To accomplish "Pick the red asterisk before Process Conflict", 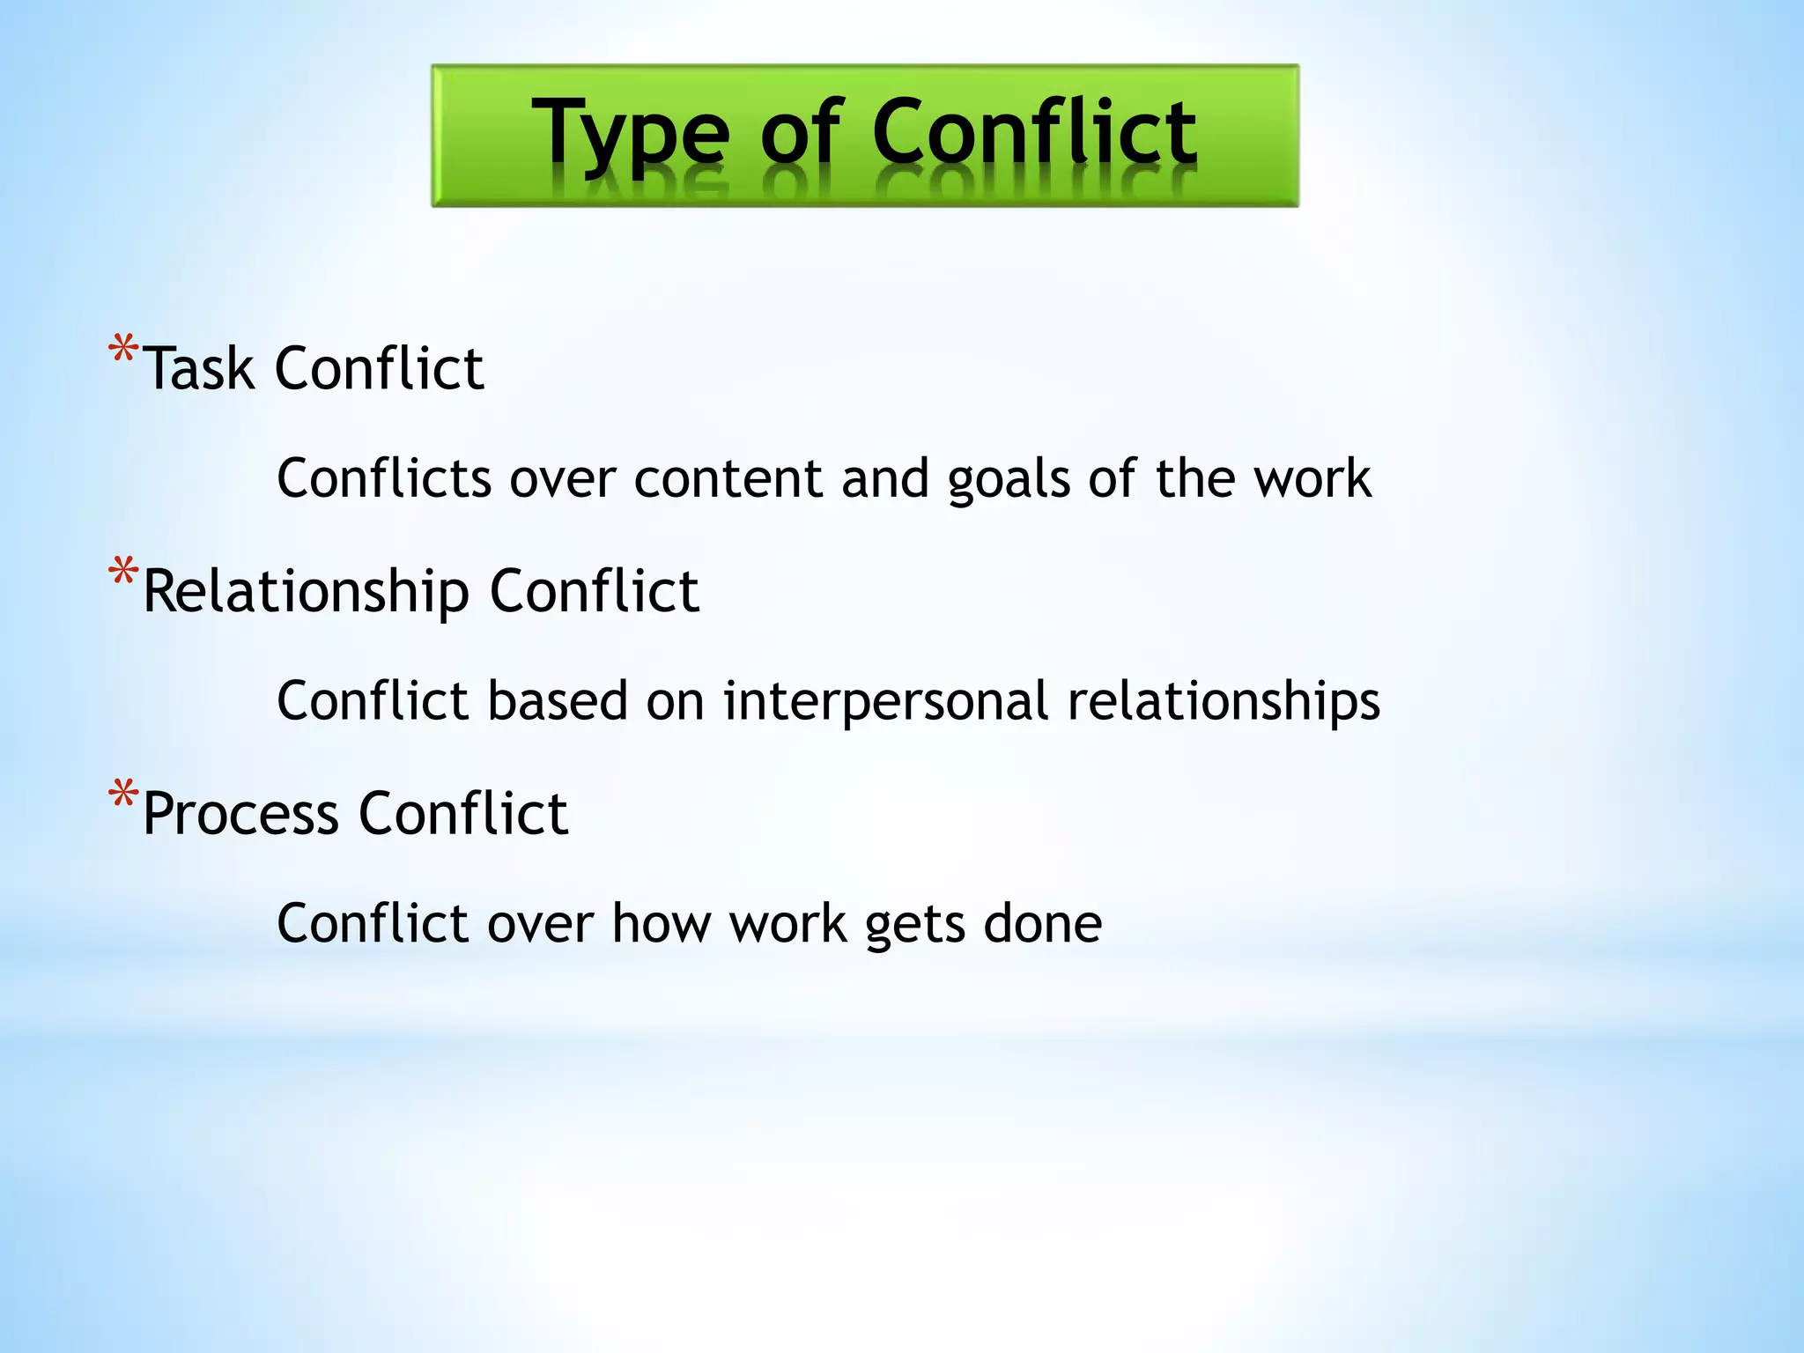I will coord(123,796).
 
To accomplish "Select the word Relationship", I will coord(306,592).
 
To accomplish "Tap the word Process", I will coord(240,814).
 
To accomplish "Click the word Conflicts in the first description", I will coord(383,478).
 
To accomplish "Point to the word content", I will coord(728,478).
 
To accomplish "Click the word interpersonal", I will coord(885,702).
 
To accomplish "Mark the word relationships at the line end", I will coord(1224,702).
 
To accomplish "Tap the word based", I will coord(557,701).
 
